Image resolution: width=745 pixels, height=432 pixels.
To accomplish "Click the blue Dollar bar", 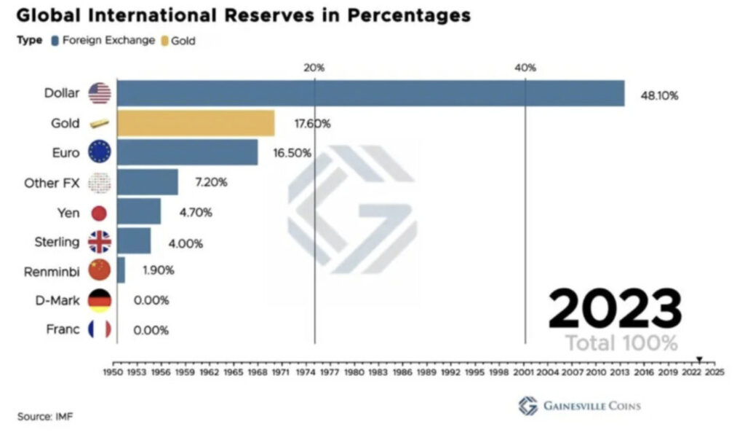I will coord(370,93).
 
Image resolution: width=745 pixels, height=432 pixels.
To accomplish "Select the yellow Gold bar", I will coord(196,123).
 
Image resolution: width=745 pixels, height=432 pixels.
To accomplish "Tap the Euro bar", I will coord(187,152).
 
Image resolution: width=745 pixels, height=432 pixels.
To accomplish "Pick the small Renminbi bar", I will coord(121,270).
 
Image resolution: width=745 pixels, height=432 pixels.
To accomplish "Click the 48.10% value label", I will coord(659,95).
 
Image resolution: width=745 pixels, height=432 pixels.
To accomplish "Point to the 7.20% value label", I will coord(210,182).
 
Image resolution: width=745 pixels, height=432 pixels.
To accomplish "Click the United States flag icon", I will coord(99,93).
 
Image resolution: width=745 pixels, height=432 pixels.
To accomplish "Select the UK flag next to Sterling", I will coord(99,242).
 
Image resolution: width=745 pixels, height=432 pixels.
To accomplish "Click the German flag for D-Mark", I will coord(99,300).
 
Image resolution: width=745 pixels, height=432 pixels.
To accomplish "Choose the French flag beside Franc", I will coord(99,329).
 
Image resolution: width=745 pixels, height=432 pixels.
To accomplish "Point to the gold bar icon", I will coord(99,124).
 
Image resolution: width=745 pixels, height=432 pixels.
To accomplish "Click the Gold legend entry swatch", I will coord(165,41).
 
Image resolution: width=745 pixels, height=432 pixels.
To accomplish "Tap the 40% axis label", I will coord(525,68).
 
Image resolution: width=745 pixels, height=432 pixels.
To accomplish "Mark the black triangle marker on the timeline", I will coord(699,359).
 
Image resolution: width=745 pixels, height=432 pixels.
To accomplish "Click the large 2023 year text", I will coord(615,309).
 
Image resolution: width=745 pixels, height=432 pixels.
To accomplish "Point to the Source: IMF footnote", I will coord(45,416).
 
